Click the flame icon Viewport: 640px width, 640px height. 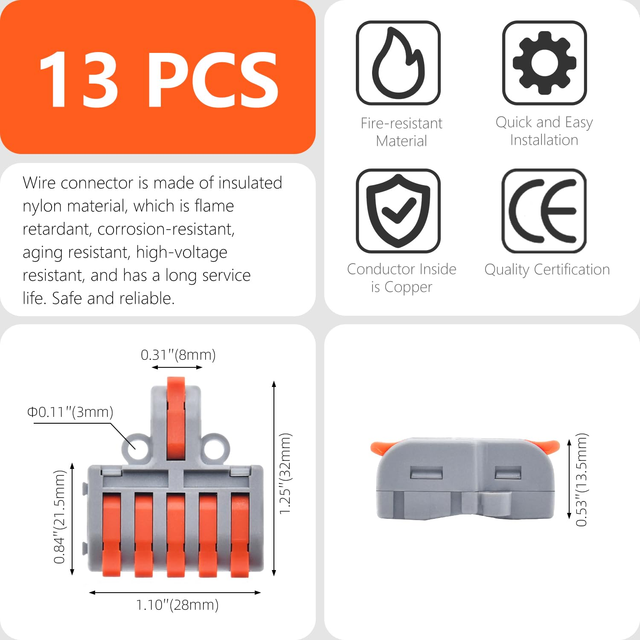click(398, 63)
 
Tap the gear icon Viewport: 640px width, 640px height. click(544, 63)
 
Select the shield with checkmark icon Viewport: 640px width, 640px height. click(398, 211)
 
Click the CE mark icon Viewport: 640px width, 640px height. click(544, 211)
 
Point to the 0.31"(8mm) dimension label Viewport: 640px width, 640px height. click(178, 355)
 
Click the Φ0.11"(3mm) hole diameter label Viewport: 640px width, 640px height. click(70, 412)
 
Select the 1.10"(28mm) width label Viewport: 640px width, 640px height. click(177, 605)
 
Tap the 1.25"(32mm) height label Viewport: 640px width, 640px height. click(285, 474)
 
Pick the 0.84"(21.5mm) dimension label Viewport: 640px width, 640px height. click(60, 517)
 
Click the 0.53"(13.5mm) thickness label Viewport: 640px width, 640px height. click(582, 480)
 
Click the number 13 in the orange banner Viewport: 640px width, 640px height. click(79, 79)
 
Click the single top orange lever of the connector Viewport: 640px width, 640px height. click(176, 418)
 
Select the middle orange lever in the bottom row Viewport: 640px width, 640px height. click(176, 533)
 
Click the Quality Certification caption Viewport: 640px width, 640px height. click(547, 270)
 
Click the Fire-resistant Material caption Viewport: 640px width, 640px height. click(401, 132)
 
